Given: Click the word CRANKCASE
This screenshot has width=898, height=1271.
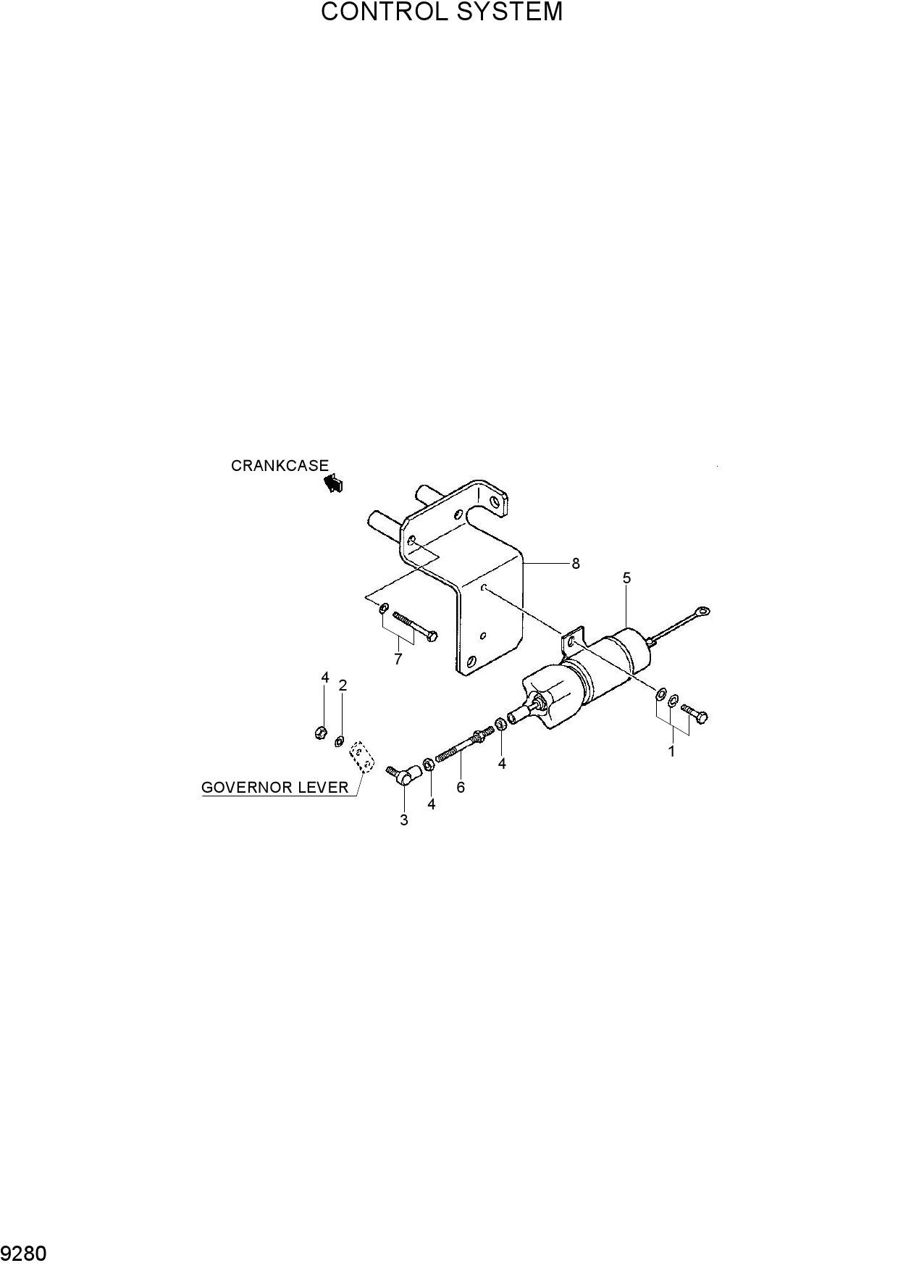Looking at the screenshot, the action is [x=280, y=466].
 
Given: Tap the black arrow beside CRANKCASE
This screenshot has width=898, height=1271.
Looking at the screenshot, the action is [x=333, y=483].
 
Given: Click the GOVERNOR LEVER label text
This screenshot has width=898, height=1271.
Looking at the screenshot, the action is [x=275, y=787].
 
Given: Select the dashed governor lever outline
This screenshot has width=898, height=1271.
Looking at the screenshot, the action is [x=362, y=758].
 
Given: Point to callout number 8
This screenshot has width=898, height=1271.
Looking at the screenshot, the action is [x=576, y=563].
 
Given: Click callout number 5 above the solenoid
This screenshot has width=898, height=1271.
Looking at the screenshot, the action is [x=626, y=578].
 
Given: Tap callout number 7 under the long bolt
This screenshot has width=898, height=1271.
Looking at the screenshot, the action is [x=398, y=659].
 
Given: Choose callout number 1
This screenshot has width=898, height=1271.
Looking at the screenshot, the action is [x=671, y=751].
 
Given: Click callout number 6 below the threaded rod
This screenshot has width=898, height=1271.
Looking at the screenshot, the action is [x=461, y=787].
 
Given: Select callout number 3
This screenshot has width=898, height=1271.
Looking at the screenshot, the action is [x=404, y=820].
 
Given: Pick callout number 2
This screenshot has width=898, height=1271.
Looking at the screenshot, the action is [x=343, y=685].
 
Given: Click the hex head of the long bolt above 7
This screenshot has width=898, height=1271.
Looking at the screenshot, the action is [x=432, y=635].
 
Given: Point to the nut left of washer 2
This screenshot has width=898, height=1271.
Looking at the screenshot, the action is [x=319, y=733].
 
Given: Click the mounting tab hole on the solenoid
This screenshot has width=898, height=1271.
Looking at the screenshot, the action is [x=571, y=641].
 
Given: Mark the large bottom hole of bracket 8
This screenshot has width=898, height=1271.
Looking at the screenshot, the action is [x=471, y=661].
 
